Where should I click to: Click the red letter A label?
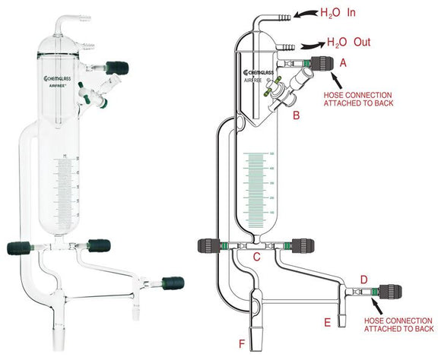[x=343, y=64]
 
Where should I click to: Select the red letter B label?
[x=297, y=117]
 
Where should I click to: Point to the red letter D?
[x=363, y=280]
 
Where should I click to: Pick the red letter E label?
[x=327, y=323]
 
